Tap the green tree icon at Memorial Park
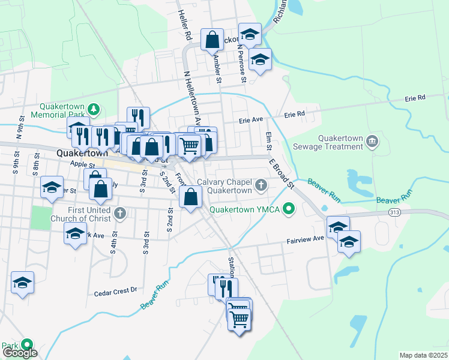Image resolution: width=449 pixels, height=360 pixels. pos(94,109)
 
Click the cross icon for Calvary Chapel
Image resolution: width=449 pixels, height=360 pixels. pos(261,185)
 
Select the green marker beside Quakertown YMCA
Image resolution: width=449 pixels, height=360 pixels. pos(289,209)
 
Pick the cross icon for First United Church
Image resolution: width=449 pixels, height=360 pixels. pos(120,212)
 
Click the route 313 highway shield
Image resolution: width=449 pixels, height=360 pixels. pos(394,212)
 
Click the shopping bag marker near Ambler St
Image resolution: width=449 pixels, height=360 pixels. pos(212,40)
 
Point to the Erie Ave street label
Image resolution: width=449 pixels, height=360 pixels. pos(251,120)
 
